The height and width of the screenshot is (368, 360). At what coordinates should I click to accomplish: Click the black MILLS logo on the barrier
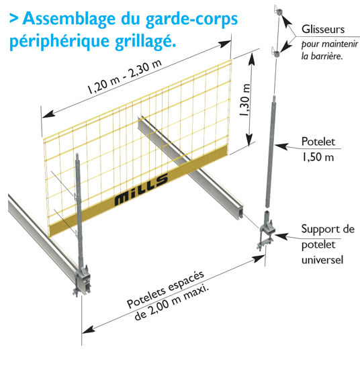(x=141, y=190)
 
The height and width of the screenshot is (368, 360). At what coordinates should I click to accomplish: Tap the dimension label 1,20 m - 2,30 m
(x=125, y=77)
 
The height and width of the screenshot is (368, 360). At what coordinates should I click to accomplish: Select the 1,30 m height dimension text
(x=244, y=99)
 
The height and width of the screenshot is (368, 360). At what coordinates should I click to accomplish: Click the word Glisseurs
(x=323, y=30)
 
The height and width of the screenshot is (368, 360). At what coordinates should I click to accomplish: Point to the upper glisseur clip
(x=278, y=11)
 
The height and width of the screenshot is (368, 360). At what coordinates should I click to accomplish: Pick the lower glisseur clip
(x=276, y=52)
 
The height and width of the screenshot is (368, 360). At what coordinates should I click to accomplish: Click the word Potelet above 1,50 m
(x=318, y=142)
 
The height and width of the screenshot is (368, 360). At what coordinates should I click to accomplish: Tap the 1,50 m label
(x=318, y=157)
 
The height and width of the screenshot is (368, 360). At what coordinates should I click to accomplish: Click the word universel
(x=322, y=260)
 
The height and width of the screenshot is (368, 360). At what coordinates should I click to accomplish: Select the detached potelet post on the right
(x=271, y=151)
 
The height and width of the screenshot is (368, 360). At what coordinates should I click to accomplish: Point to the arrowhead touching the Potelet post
(x=281, y=146)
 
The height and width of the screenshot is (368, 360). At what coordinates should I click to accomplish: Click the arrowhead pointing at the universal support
(x=281, y=236)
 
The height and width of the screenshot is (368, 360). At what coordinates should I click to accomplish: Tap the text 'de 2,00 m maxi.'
(x=171, y=302)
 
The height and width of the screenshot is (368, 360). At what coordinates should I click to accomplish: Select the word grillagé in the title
(x=146, y=42)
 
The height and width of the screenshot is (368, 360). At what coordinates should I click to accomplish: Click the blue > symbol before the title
(x=14, y=18)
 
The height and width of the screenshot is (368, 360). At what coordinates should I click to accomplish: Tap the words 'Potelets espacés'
(x=165, y=289)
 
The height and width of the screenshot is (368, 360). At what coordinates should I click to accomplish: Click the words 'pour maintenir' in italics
(x=330, y=44)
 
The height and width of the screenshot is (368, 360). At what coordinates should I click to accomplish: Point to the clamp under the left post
(x=82, y=280)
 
